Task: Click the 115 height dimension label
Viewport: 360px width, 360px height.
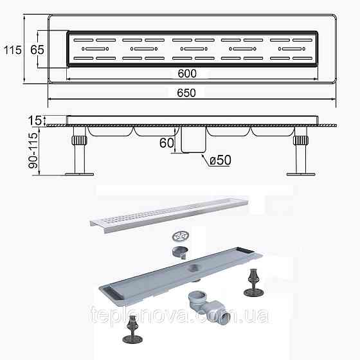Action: pyautogui.click(x=12, y=49)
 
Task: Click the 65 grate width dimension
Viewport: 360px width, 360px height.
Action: pyautogui.click(x=36, y=49)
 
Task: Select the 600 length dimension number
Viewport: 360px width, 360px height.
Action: pyautogui.click(x=188, y=73)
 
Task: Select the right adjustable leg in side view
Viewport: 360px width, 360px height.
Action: pyautogui.click(x=300, y=150)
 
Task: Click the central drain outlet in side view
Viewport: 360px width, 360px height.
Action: pyautogui.click(x=191, y=140)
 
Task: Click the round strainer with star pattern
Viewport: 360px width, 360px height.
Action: pyautogui.click(x=181, y=235)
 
